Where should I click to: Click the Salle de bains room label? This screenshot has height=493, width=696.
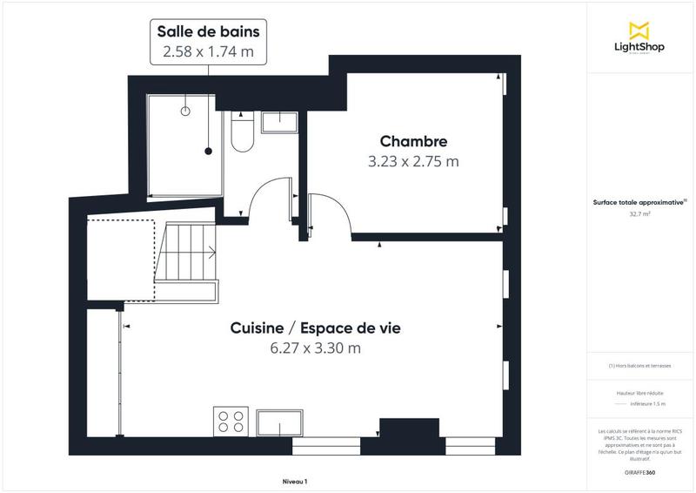[208, 31]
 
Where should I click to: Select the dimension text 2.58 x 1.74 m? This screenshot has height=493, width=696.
[208, 51]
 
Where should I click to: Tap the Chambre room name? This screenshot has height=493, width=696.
[413, 141]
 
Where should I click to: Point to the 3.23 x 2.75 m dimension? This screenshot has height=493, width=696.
[413, 161]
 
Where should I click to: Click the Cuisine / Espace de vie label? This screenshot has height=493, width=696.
[315, 328]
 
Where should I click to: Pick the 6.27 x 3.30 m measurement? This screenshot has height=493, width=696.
[315, 348]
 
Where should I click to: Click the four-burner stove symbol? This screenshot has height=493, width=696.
[231, 422]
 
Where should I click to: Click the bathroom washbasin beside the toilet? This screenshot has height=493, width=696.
[279, 121]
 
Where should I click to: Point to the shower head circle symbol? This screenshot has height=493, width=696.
[184, 111]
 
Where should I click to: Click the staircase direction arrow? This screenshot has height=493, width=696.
[211, 253]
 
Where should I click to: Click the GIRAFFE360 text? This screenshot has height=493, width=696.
[639, 471]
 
